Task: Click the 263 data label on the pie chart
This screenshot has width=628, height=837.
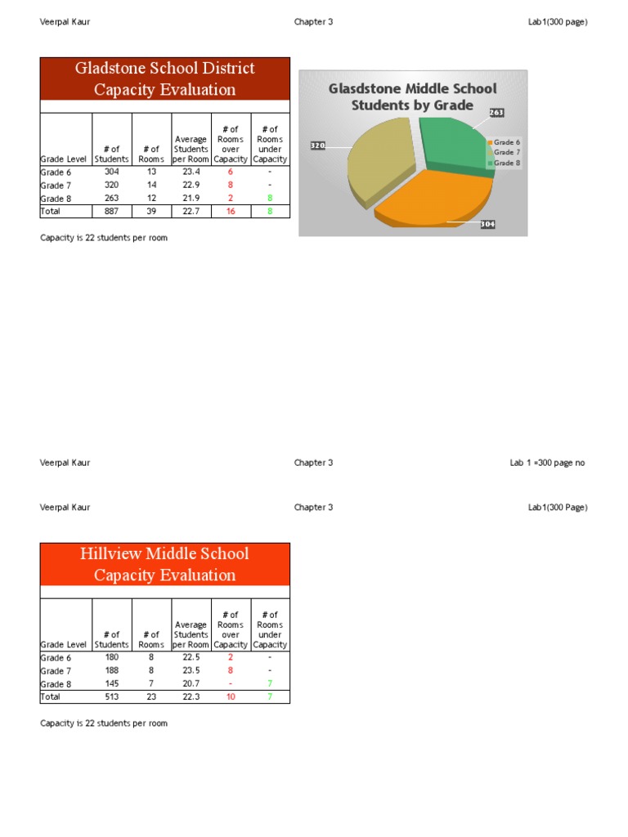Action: pyautogui.click(x=497, y=112)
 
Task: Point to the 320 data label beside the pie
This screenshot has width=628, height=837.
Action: pyautogui.click(x=318, y=145)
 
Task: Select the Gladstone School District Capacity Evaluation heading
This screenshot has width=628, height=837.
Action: pyautogui.click(x=165, y=79)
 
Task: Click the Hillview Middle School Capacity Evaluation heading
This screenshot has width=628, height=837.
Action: pyautogui.click(x=165, y=564)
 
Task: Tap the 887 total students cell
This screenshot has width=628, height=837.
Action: pyautogui.click(x=111, y=211)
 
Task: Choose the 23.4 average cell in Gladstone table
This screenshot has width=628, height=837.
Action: pyautogui.click(x=191, y=172)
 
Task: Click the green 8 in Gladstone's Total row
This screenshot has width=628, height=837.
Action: pyautogui.click(x=270, y=211)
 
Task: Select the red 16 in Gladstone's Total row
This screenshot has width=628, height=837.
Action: pyautogui.click(x=231, y=211)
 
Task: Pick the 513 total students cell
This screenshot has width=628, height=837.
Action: pyautogui.click(x=111, y=696)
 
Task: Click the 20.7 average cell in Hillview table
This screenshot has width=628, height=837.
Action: pyautogui.click(x=191, y=683)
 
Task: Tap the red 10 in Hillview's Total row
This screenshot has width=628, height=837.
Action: pyautogui.click(x=231, y=696)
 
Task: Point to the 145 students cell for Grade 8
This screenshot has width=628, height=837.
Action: pyautogui.click(x=111, y=683)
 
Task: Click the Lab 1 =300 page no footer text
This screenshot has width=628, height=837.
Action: pyautogui.click(x=547, y=463)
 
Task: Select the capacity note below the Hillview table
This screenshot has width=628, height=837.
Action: pyautogui.click(x=104, y=723)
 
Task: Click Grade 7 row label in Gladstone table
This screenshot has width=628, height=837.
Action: pyautogui.click(x=56, y=186)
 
